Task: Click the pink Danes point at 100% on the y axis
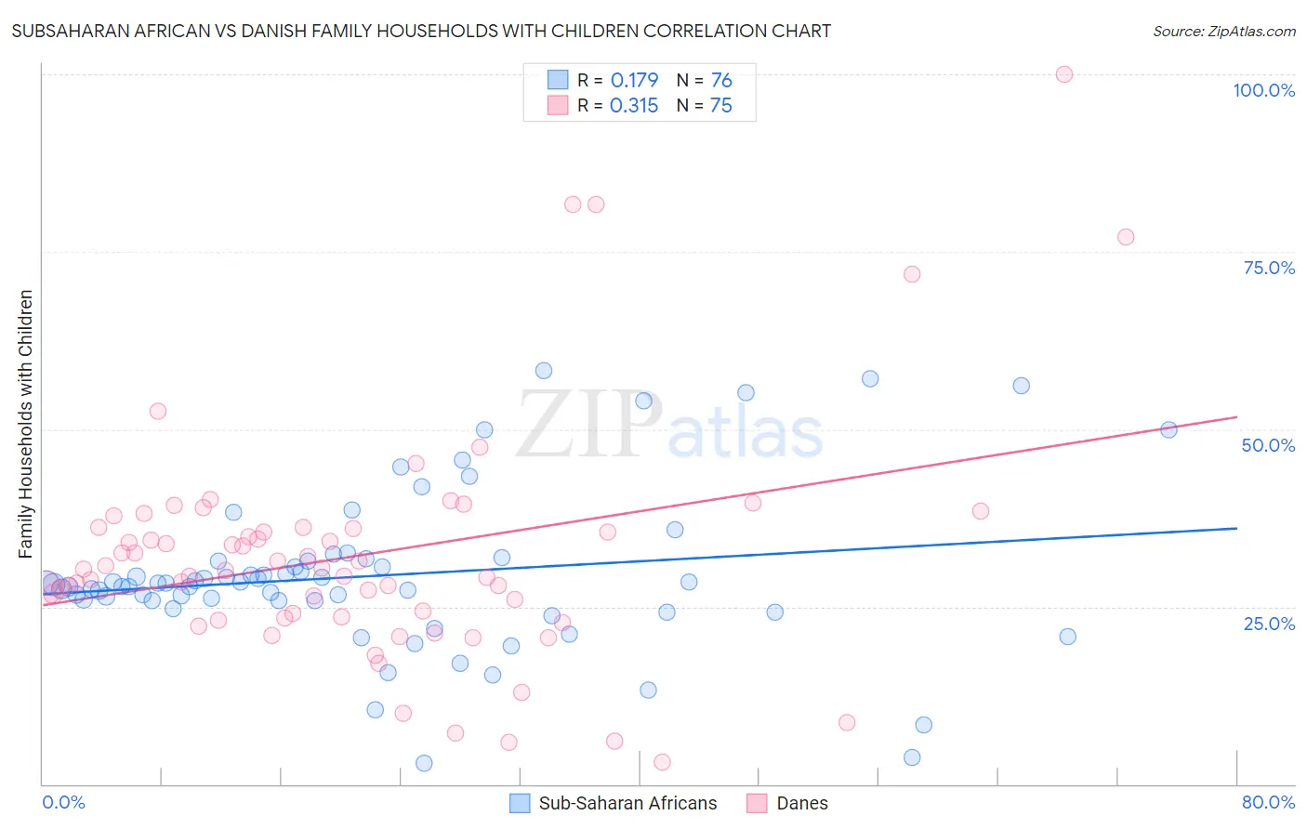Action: pyautogui.click(x=1064, y=74)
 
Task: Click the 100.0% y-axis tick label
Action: pyautogui.click(x=1263, y=90)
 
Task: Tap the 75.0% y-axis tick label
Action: pyautogui.click(x=1269, y=268)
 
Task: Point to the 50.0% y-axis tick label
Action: pyautogui.click(x=1268, y=445)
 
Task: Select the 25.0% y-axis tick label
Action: pyautogui.click(x=1269, y=623)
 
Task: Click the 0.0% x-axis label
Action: pyautogui.click(x=63, y=802)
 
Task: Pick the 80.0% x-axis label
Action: pyautogui.click(x=1268, y=802)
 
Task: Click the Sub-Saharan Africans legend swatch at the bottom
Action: pyautogui.click(x=521, y=803)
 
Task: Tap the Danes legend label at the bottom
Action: pyautogui.click(x=801, y=803)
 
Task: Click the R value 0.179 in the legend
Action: pyautogui.click(x=634, y=80)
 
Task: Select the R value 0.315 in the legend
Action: pyautogui.click(x=634, y=105)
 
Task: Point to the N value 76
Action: pyautogui.click(x=721, y=80)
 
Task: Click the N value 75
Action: pyautogui.click(x=721, y=105)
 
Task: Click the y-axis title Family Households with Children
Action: pyautogui.click(x=25, y=424)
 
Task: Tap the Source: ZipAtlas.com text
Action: pyautogui.click(x=1223, y=31)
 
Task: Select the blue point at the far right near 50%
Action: pyautogui.click(x=1168, y=429)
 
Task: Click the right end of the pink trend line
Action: pyautogui.click(x=1236, y=417)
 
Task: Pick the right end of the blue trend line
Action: pyautogui.click(x=1236, y=528)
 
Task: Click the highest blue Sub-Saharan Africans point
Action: pyautogui.click(x=544, y=371)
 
